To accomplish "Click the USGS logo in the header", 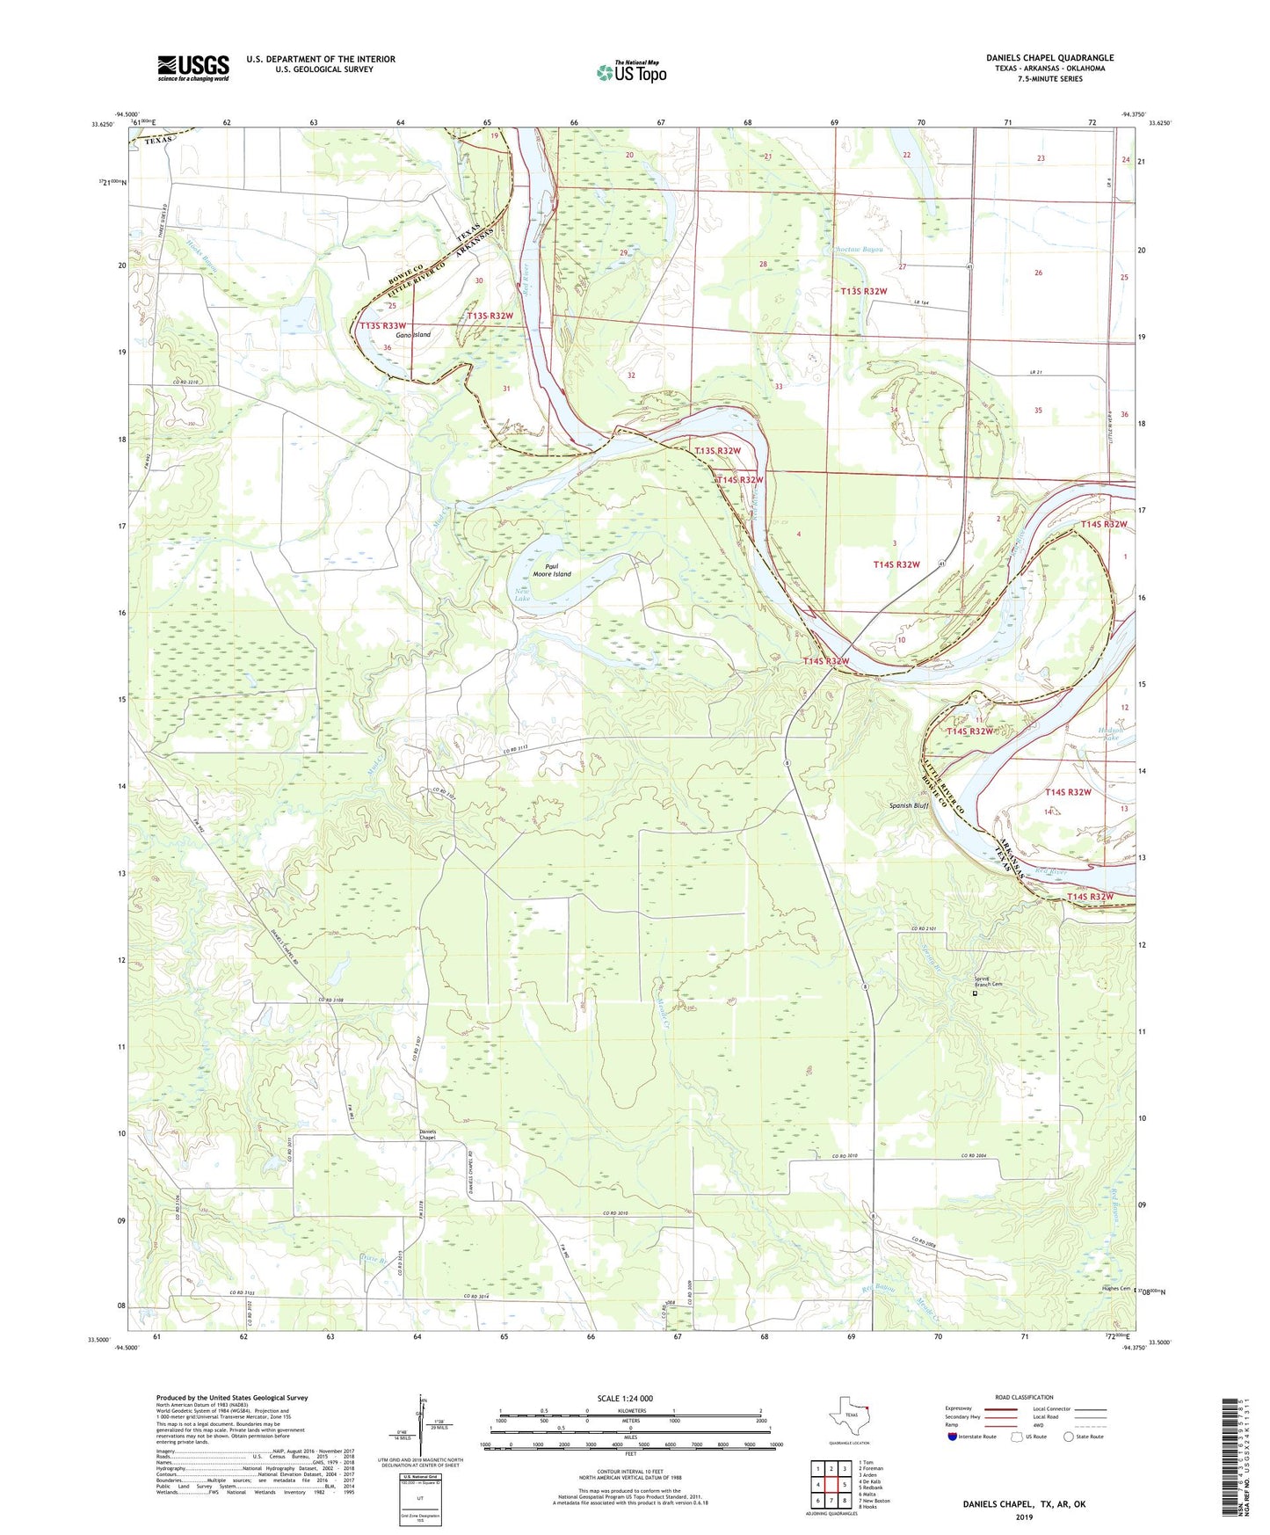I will click(193, 68).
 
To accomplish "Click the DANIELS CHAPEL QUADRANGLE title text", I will click(1049, 58).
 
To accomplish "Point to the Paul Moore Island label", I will click(552, 571).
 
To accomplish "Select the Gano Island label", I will click(412, 335).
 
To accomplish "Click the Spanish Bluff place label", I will click(909, 805).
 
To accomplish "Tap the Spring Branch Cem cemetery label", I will click(988, 982).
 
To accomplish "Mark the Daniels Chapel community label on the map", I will click(427, 1134).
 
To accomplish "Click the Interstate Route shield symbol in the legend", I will click(954, 1437).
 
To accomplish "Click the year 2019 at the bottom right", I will click(1024, 1517).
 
